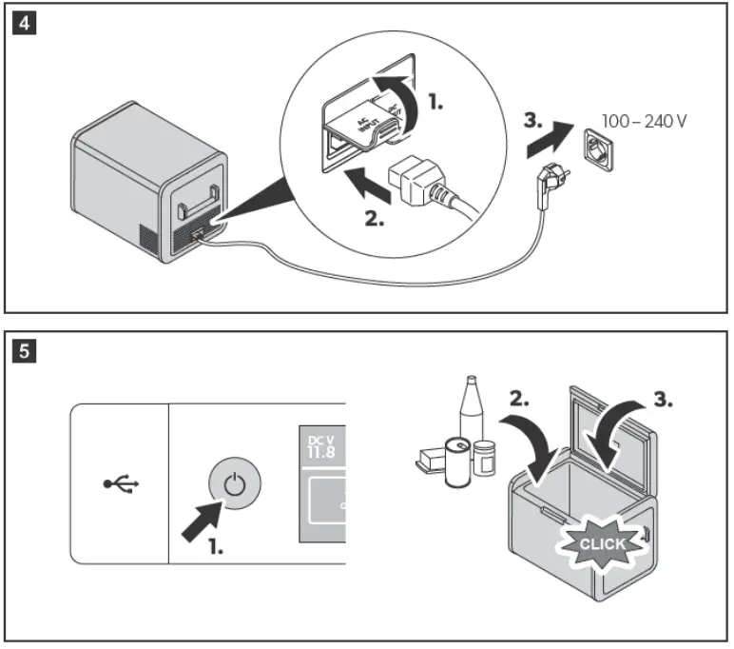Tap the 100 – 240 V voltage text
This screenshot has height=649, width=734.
645,123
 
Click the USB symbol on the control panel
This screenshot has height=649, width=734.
122,483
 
